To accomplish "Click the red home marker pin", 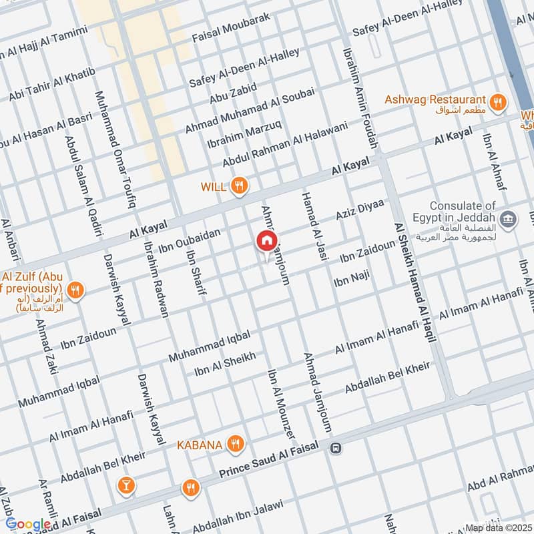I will [267, 241].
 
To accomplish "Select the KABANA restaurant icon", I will [234, 443].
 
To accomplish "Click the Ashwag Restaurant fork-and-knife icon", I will [497, 102].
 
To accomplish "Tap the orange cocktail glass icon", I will [125, 485].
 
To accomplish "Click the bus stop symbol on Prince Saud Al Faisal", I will [335, 449].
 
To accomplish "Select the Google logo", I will [28, 525].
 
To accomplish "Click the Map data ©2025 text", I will [497, 527].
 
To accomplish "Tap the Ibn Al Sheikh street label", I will [224, 364].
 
